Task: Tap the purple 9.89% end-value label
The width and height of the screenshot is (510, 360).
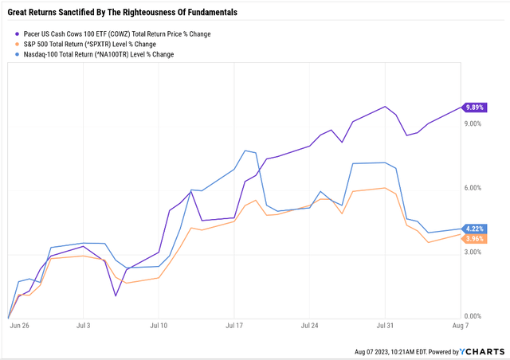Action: pos(474,108)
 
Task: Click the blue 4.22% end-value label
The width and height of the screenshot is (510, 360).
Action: pos(474,229)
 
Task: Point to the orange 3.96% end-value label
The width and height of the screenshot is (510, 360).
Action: pos(474,238)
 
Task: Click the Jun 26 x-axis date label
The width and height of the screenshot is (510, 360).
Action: pos(19,327)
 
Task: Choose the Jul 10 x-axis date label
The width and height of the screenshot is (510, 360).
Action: pos(159,327)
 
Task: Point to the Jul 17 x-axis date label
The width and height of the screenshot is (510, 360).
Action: pos(234,327)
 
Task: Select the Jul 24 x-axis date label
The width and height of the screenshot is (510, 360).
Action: pos(310,327)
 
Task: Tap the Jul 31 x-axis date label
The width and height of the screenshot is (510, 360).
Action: pos(385,327)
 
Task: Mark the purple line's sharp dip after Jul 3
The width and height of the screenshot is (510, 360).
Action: pos(116,295)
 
